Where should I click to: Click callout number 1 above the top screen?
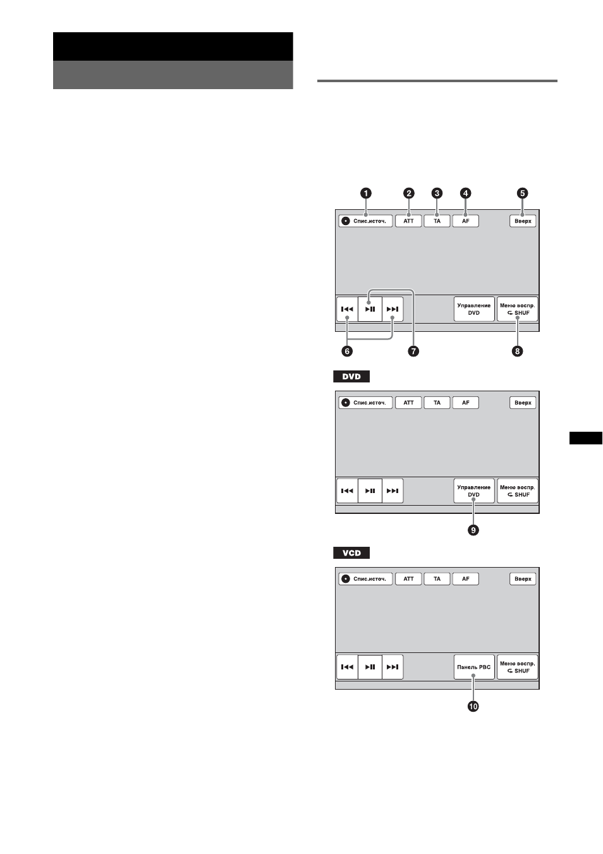tap(366, 193)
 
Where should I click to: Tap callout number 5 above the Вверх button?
tap(523, 193)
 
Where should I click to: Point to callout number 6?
tap(347, 351)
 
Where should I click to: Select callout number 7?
tap(413, 351)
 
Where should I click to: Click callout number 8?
tap(517, 351)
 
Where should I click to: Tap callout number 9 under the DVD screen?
tap(473, 530)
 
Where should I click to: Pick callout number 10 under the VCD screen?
tap(473, 706)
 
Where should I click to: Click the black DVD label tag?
tap(351, 376)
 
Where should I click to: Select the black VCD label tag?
tap(351, 553)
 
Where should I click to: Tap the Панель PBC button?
tap(474, 667)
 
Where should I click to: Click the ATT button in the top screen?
tap(408, 221)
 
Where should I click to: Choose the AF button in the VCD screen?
tap(465, 579)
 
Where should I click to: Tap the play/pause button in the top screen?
tap(370, 309)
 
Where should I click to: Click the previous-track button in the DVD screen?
tap(347, 491)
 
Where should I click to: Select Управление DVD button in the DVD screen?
tap(474, 491)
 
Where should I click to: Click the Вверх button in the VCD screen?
tap(523, 579)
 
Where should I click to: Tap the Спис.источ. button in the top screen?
tap(365, 221)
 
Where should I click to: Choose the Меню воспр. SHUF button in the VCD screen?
tap(517, 667)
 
